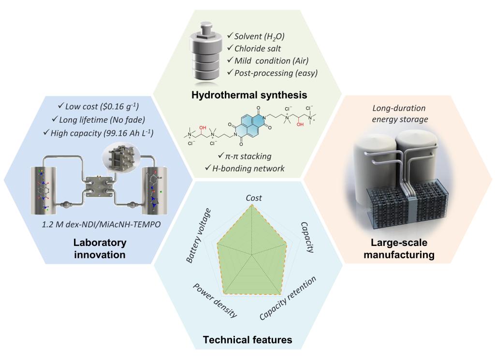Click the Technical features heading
pyautogui.click(x=247, y=340)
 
